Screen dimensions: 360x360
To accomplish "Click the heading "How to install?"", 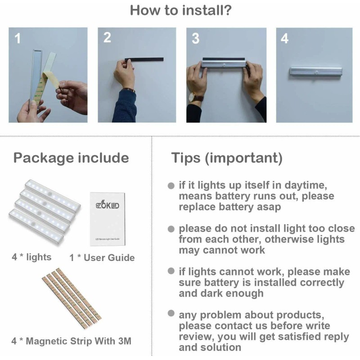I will [181, 10].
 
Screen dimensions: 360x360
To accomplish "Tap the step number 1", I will [18, 39].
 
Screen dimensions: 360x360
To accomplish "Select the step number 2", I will [107, 38].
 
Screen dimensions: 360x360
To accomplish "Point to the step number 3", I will [195, 39].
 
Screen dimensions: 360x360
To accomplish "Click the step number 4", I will [284, 39].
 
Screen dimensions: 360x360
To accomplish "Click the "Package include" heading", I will [71, 158].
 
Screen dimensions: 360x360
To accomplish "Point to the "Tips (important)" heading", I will [227, 158].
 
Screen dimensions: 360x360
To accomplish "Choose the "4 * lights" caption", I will [31, 257].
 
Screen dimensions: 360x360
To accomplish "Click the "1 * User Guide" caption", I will [102, 258].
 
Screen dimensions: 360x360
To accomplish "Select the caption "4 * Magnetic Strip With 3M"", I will [72, 341].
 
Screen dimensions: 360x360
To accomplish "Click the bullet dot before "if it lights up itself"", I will [171, 186].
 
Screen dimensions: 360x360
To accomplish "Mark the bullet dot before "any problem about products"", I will [171, 313].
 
